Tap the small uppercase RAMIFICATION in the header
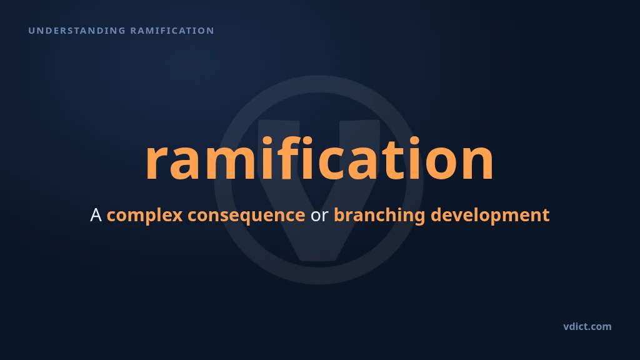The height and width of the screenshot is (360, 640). click(172, 31)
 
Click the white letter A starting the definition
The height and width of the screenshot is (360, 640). click(96, 215)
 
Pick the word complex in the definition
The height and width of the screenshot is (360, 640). click(144, 216)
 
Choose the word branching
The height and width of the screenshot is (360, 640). click(379, 216)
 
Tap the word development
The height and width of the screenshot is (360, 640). click(490, 216)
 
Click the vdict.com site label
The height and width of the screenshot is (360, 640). click(587, 326)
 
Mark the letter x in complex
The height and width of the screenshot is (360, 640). click(177, 217)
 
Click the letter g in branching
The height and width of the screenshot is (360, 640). click(419, 218)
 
